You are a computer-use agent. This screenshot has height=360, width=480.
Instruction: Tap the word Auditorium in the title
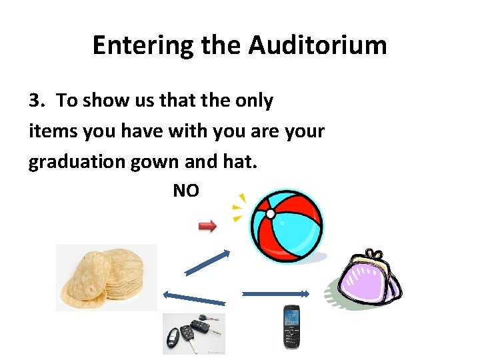click(317, 45)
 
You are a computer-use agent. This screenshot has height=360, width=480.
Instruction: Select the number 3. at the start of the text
click(37, 101)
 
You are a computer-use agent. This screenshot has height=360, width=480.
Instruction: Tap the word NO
click(186, 191)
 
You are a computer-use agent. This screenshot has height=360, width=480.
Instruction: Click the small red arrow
click(208, 227)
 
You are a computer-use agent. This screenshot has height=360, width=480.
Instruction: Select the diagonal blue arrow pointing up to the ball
click(207, 262)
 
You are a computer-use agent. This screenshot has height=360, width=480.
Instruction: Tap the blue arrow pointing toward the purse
click(275, 293)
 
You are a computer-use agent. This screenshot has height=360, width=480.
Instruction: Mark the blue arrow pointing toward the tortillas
click(194, 299)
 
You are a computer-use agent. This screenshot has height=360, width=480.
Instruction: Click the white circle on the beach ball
click(271, 213)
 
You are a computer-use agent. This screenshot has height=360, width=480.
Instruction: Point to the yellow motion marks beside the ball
click(238, 208)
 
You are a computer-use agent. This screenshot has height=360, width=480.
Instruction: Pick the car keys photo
click(194, 333)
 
